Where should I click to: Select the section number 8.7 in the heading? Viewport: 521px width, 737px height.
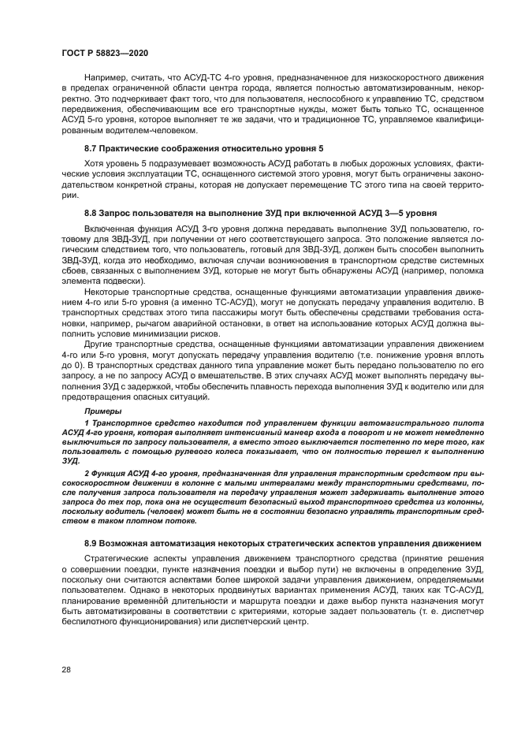pos(92,149)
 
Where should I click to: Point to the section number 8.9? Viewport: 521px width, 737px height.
pos(92,545)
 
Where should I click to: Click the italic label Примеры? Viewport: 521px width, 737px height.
pos(103,412)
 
